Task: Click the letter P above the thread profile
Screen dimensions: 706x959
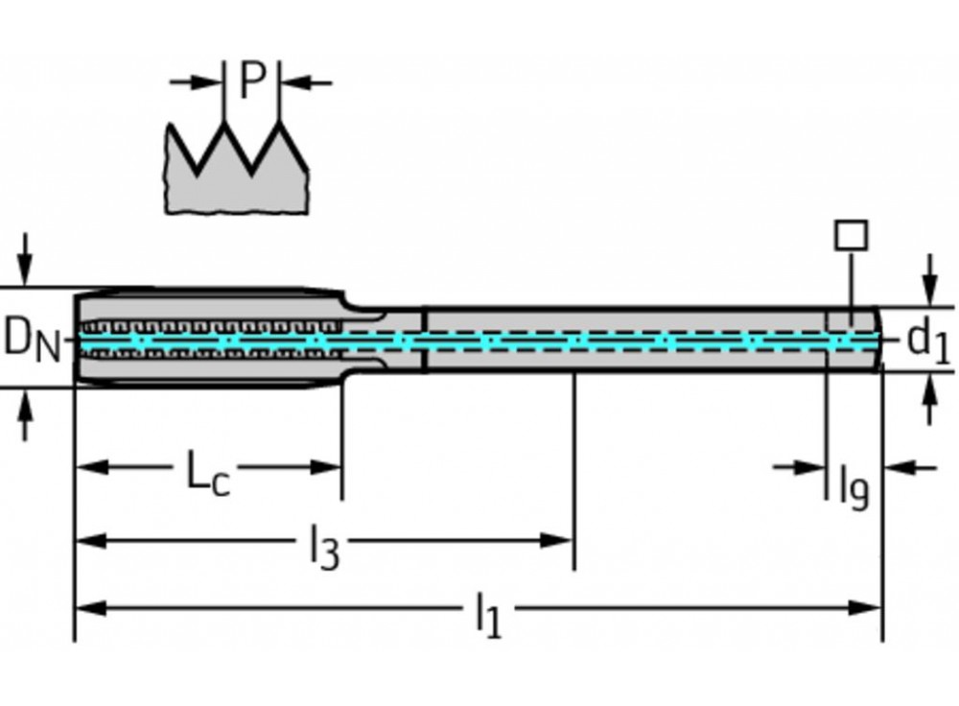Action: pos(251,82)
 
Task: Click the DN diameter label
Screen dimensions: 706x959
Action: pos(33,339)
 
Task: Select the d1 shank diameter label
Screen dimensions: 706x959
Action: pos(927,339)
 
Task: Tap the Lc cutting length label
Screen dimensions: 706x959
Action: pos(207,473)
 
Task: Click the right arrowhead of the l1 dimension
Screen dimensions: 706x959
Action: pos(869,607)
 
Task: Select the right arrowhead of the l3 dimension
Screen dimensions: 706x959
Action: pos(562,540)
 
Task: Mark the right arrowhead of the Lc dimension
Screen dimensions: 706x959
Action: pos(330,467)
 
